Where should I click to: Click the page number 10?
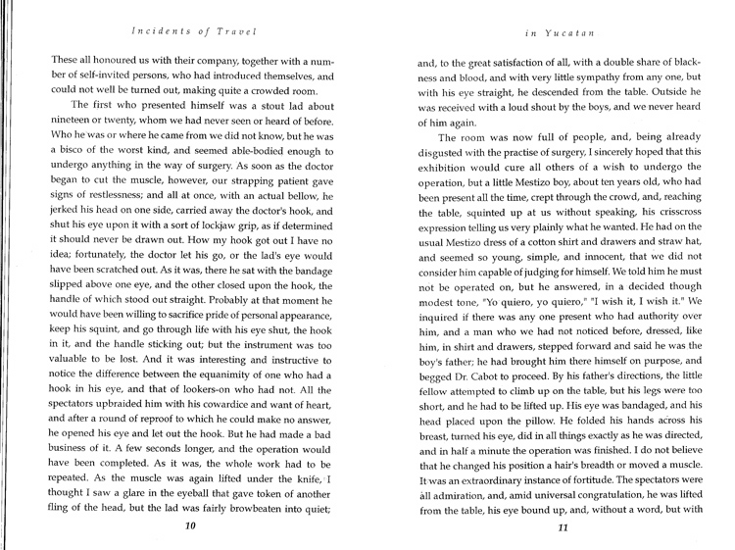point(190,525)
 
